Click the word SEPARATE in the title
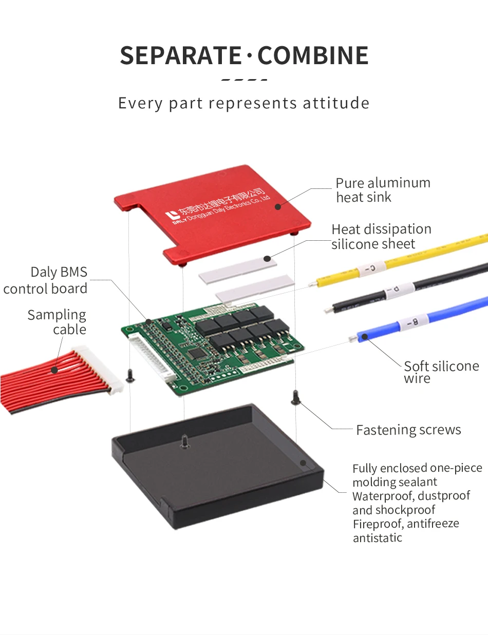pyautogui.click(x=180, y=55)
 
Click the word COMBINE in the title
pyautogui.click(x=313, y=55)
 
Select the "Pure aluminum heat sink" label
pyautogui.click(x=383, y=190)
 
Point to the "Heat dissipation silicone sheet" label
pyautogui.click(x=381, y=236)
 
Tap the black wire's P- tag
pyautogui.click(x=391, y=295)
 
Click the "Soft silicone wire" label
pyautogui.click(x=441, y=372)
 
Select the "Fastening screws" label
pyautogui.click(x=408, y=430)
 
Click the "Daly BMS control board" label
pyautogui.click(x=45, y=280)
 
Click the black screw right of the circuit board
pyautogui.click(x=295, y=397)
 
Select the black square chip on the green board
pyautogui.click(x=196, y=354)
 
